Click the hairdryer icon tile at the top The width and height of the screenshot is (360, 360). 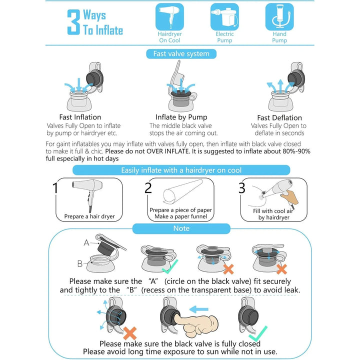(169, 17)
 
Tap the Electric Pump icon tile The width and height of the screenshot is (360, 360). (224, 17)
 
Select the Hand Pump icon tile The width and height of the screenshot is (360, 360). (279, 17)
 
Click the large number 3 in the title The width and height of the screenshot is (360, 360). (73, 22)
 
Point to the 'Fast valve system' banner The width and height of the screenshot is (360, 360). (181, 53)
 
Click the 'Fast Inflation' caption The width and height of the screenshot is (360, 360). (80, 117)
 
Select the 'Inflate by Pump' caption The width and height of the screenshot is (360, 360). (181, 117)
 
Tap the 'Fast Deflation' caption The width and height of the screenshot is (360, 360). (279, 118)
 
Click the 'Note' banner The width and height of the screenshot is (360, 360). (181, 228)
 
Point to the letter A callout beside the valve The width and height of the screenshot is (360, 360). (86, 242)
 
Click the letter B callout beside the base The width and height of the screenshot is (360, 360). (80, 263)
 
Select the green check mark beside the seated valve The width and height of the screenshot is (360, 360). (170, 266)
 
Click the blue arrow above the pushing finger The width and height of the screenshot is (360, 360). (199, 309)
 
